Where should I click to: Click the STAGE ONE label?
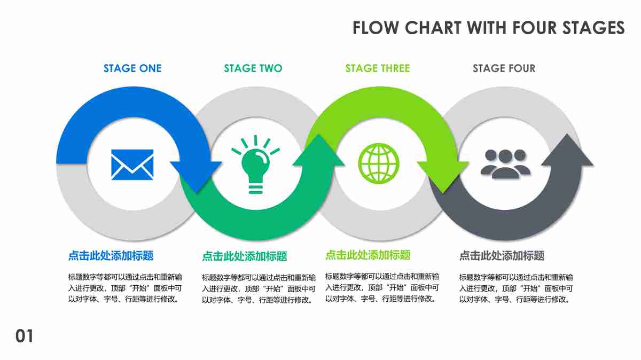[132, 68]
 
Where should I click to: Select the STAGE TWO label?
[253, 68]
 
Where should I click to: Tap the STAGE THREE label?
[378, 68]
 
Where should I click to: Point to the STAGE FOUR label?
[504, 68]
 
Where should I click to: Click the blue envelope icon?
[132, 164]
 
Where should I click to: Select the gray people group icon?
[505, 163]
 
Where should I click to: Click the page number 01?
[24, 336]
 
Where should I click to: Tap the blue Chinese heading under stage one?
[111, 256]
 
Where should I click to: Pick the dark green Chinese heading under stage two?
[244, 257]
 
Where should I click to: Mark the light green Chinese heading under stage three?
[368, 255]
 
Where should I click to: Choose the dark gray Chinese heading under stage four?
[502, 256]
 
